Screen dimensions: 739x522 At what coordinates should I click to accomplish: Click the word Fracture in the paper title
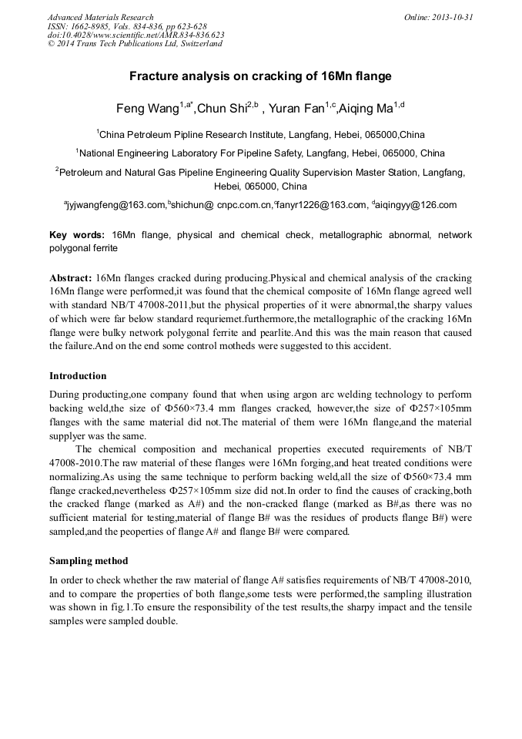click(152, 76)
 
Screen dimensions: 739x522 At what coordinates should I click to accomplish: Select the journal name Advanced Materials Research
click(100, 17)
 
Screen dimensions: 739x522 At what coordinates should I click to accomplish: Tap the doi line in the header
click(136, 35)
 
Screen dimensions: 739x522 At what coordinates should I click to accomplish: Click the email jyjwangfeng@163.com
click(117, 205)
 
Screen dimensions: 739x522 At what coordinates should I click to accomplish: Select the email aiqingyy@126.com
click(416, 205)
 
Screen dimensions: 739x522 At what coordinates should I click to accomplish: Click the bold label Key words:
click(77, 234)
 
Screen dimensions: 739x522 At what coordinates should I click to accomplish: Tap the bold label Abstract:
click(71, 277)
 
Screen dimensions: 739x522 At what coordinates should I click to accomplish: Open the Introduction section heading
click(78, 376)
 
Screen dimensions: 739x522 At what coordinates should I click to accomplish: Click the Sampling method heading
click(89, 560)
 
